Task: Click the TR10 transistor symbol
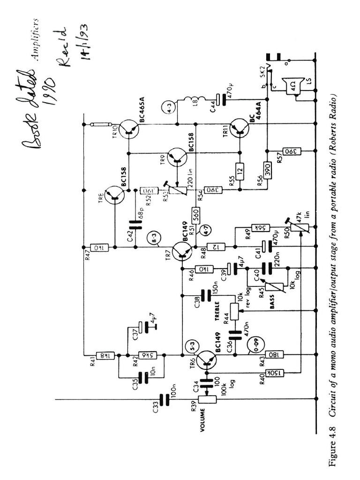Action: pos(128,128)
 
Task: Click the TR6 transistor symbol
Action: pos(206,359)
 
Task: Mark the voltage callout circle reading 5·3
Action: pos(191,347)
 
